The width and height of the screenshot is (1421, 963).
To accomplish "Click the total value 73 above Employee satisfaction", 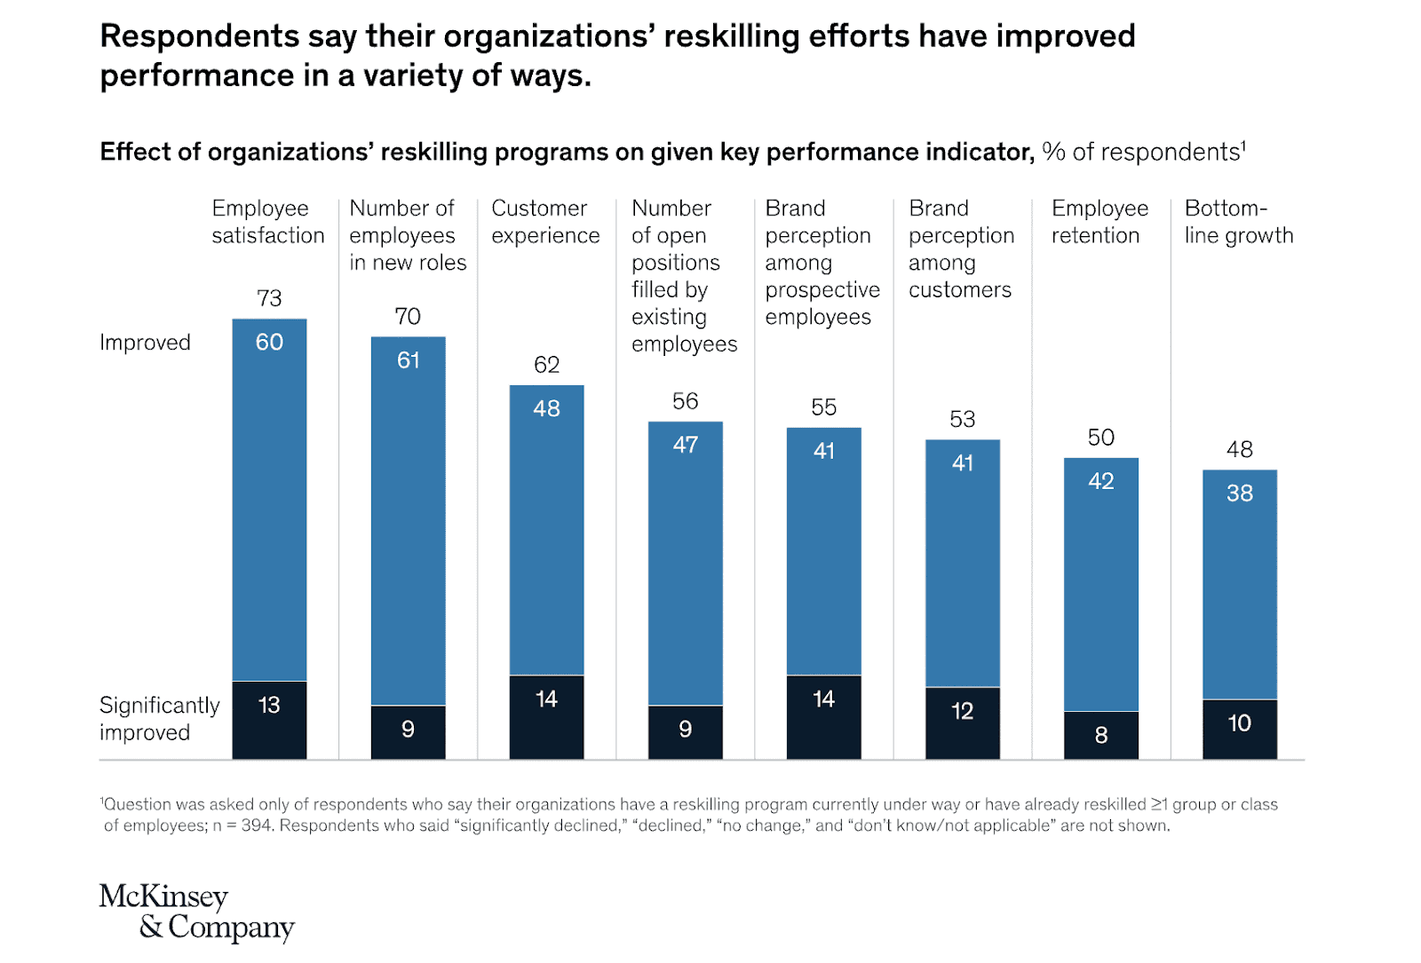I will (x=269, y=298).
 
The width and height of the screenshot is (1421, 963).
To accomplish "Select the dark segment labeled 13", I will (x=269, y=720).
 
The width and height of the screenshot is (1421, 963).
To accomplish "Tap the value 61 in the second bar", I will (x=408, y=360).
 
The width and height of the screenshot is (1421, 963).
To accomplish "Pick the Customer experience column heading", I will (x=545, y=222).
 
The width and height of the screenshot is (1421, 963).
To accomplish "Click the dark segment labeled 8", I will (x=1101, y=735).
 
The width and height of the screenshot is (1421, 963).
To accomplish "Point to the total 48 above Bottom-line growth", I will (x=1239, y=449).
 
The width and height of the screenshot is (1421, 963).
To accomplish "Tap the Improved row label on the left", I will (x=145, y=343).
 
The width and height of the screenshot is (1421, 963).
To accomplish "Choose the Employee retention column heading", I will (x=1099, y=222).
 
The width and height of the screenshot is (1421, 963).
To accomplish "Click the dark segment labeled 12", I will (x=963, y=722).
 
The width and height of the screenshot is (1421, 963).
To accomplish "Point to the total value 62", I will (x=546, y=365).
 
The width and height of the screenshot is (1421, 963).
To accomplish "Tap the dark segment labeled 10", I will (x=1240, y=729).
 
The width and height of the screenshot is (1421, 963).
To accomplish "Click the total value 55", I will (x=823, y=407).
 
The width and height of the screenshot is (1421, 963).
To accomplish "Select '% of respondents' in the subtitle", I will (x=1142, y=152).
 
